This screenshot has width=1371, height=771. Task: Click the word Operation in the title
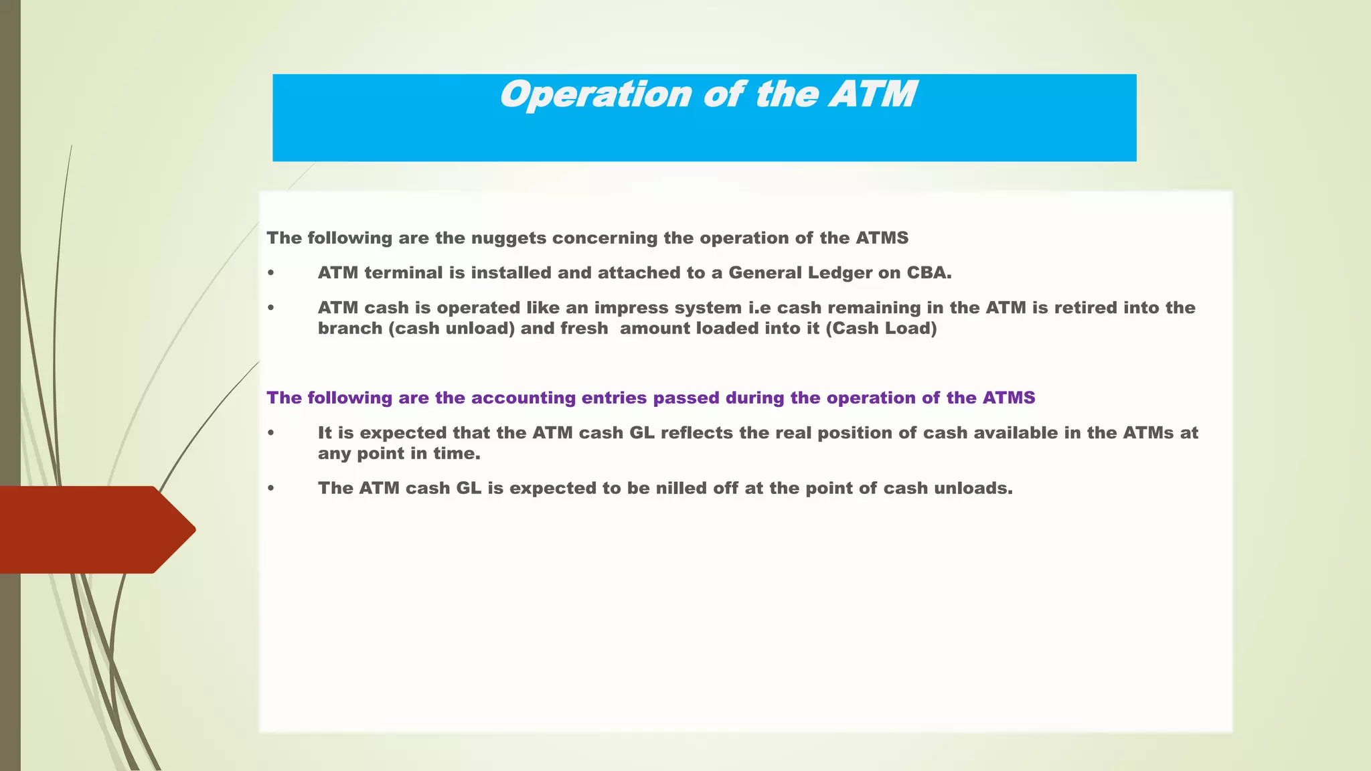(x=595, y=95)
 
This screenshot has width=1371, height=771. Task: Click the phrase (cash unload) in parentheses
(x=451, y=329)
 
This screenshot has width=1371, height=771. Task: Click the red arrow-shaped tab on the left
(x=94, y=529)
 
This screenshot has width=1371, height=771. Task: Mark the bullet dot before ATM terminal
(x=270, y=273)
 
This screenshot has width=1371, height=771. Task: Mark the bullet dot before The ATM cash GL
(x=270, y=489)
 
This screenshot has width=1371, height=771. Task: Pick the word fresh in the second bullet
(x=584, y=329)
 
